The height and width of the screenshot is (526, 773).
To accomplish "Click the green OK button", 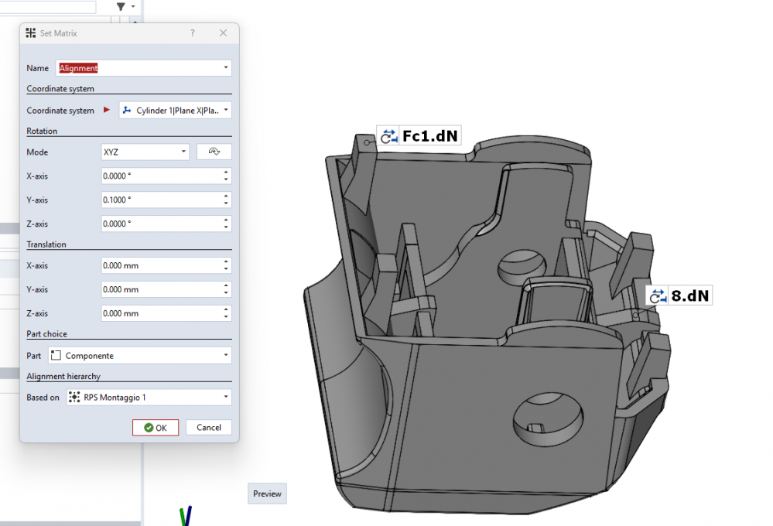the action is click(x=156, y=428).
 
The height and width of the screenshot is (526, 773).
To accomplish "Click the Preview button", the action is click(x=267, y=494).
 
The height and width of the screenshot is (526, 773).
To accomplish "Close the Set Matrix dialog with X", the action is click(x=224, y=33).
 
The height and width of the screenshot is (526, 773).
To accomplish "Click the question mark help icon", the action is click(x=192, y=33).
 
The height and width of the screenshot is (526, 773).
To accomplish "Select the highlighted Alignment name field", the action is click(x=143, y=68).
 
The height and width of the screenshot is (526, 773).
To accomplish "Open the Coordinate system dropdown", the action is click(x=175, y=111).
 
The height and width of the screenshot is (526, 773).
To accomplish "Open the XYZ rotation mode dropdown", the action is click(x=145, y=152).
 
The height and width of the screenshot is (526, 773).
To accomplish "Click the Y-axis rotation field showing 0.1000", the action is click(x=166, y=200).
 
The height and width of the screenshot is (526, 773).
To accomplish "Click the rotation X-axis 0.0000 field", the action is click(x=166, y=176).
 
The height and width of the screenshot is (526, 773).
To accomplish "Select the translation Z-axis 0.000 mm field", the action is click(x=166, y=313).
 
